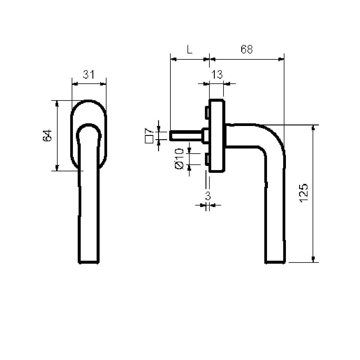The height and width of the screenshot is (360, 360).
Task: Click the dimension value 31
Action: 88,74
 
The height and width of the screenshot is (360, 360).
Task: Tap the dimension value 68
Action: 247,49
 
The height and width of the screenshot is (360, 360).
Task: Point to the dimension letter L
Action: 189,49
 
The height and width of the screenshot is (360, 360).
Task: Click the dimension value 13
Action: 217,74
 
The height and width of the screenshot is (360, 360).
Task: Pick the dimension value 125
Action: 303,193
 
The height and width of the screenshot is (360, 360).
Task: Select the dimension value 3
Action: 208,196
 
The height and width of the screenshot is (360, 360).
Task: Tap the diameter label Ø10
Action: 179,159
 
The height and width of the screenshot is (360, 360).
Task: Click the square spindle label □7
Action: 149,136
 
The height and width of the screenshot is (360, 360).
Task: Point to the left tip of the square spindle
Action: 170,136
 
